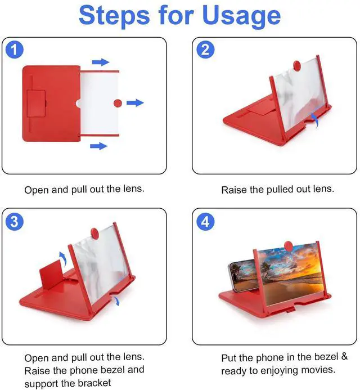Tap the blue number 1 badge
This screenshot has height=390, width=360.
point(15,50)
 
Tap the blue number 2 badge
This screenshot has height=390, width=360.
point(205,50)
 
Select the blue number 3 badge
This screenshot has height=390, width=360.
point(15,221)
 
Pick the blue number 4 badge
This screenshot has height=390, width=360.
point(205,221)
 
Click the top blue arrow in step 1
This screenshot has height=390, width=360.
point(101,62)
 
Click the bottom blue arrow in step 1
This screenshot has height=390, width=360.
point(98,146)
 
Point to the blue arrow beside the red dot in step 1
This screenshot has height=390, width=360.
point(135,102)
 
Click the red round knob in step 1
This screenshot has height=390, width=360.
point(118,103)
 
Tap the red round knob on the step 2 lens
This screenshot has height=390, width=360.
point(297,66)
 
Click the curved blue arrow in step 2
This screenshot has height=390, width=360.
point(315,120)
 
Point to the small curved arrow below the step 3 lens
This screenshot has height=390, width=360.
point(116,301)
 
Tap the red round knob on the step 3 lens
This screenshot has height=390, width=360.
point(94,234)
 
